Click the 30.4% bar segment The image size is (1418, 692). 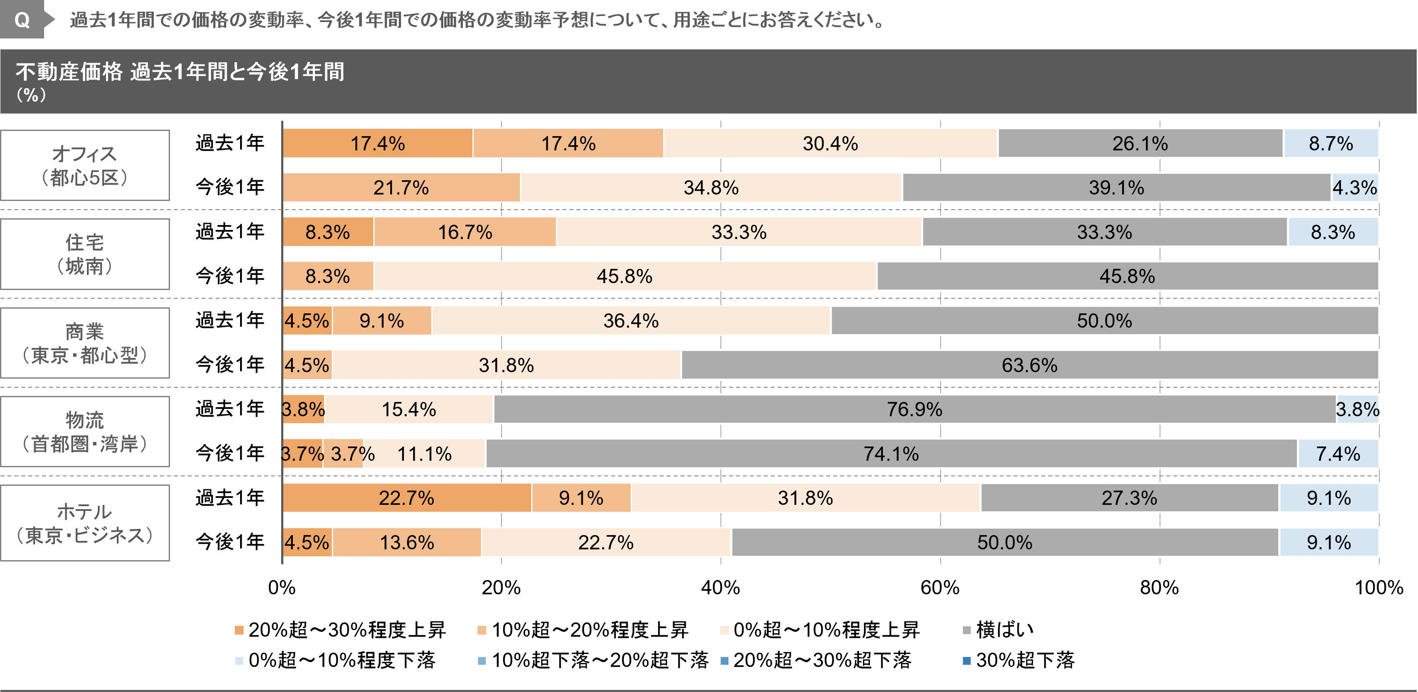point(830,144)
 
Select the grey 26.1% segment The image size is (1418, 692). point(1140,144)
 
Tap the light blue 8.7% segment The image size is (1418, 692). point(1331,144)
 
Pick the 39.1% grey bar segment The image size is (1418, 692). point(1116,188)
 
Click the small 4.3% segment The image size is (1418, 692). point(1355,188)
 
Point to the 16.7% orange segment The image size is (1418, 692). point(465,232)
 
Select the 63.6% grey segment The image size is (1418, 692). point(1030,365)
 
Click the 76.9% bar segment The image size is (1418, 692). point(914,409)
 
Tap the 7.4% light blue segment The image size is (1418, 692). point(1338,454)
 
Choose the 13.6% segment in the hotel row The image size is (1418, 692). point(407,542)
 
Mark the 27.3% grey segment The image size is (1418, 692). point(1129,498)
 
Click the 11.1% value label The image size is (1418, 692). point(424,454)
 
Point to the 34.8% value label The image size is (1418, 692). point(711,188)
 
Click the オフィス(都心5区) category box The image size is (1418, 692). point(85,165)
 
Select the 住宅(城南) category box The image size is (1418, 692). point(85,254)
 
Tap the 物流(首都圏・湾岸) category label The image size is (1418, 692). point(85,432)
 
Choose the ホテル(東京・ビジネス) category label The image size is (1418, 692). point(85,523)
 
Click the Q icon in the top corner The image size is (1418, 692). point(22,20)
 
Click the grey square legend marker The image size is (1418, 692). point(967,630)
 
